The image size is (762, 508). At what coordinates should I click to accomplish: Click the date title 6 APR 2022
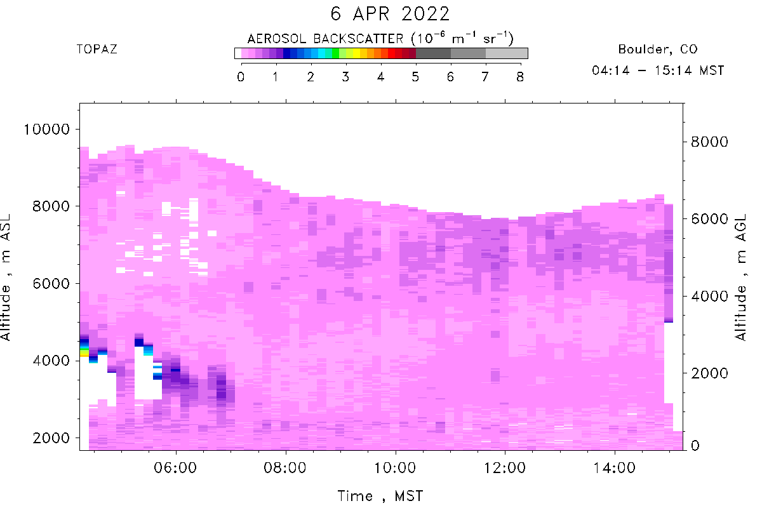pos(390,14)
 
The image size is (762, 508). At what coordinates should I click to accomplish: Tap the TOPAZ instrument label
pos(97,50)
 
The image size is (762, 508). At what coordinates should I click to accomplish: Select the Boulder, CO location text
pos(658,50)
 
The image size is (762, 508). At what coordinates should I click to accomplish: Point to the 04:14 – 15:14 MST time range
pos(658,70)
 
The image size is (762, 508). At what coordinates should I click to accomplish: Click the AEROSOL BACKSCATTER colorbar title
pos(380,38)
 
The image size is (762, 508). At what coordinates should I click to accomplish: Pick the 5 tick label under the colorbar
pos(415,77)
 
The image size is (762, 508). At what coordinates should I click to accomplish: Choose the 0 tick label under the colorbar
pos(241,77)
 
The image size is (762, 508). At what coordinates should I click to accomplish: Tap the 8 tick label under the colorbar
pos(520,77)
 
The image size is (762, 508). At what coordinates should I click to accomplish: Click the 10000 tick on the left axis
pos(46,130)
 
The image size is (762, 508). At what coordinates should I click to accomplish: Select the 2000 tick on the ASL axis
pos(51,438)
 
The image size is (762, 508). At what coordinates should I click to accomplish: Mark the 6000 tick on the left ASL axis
pos(51,283)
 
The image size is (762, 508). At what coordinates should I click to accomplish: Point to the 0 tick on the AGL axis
pos(695,445)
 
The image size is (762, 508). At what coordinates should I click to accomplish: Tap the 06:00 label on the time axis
pos(175,468)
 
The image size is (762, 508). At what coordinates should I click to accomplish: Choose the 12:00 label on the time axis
pos(505,468)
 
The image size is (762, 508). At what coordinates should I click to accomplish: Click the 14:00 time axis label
pos(615,468)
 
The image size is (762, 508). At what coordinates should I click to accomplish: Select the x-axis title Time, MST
pos(380,496)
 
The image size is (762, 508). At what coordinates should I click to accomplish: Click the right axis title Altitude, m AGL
pos(741,277)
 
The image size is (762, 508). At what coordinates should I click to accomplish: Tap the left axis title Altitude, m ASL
pos(6,277)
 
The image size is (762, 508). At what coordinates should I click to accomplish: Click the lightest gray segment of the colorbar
pos(507,53)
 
